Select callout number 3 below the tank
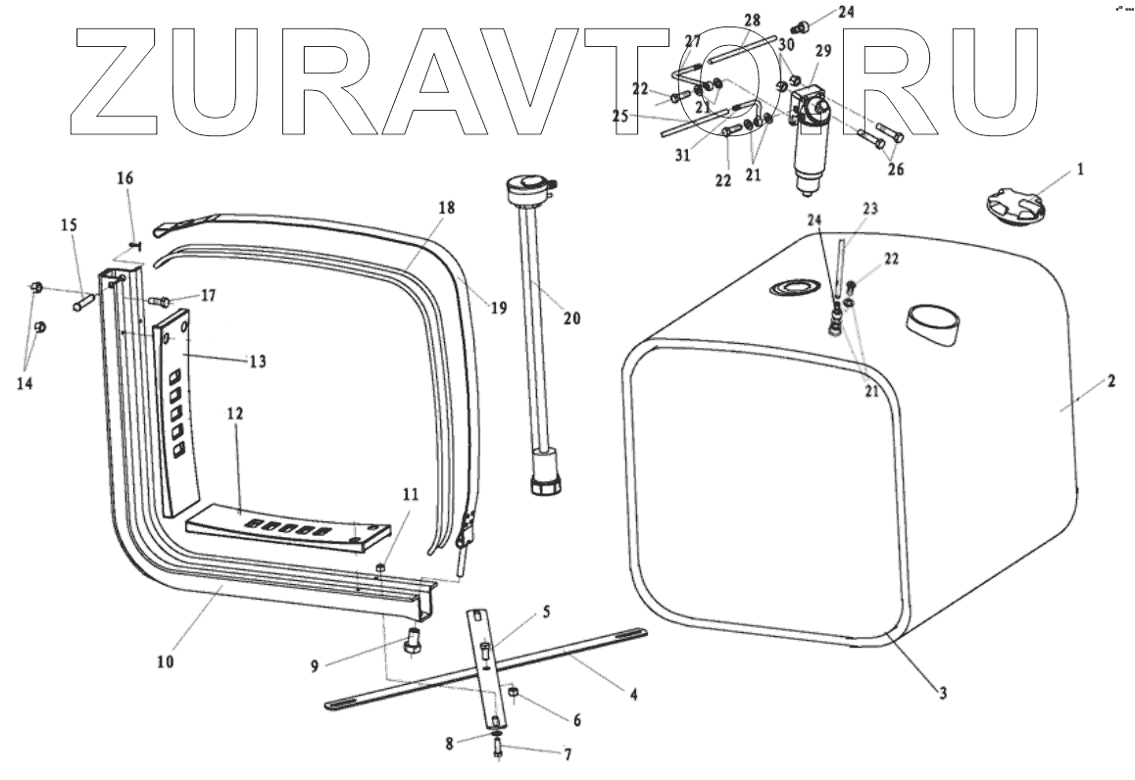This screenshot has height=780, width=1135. point(942,694)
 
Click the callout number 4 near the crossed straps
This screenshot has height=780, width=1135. point(633,695)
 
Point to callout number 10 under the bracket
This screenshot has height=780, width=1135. point(164,661)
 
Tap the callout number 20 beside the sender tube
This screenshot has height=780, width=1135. point(571,318)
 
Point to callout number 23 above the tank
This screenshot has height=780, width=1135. point(870,208)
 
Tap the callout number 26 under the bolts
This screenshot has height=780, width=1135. point(895,169)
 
